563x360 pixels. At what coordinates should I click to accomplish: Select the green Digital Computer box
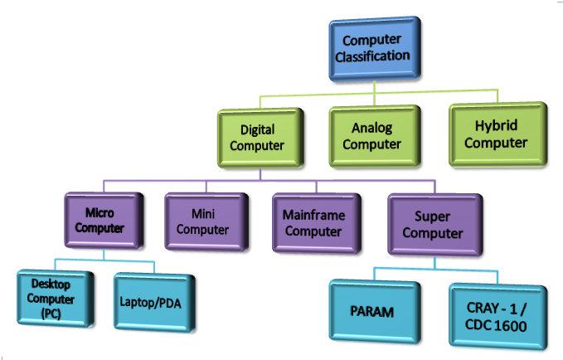pyautogui.click(x=257, y=139)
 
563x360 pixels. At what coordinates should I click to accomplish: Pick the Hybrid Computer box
pyautogui.click(x=496, y=134)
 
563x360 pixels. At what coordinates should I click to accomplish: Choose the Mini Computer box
pyautogui.click(x=203, y=221)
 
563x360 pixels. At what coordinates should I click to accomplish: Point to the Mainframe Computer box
pyautogui.click(x=313, y=222)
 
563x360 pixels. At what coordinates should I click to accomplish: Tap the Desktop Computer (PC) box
pyautogui.click(x=52, y=299)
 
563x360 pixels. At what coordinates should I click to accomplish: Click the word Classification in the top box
pyautogui.click(x=376, y=56)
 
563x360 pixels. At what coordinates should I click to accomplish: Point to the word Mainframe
pyautogui.click(x=313, y=216)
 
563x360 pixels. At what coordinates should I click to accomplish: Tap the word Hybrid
pyautogui.click(x=496, y=126)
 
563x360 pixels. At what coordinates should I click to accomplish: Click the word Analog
pyautogui.click(x=371, y=129)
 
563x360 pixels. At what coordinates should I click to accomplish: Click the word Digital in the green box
pyautogui.click(x=257, y=131)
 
